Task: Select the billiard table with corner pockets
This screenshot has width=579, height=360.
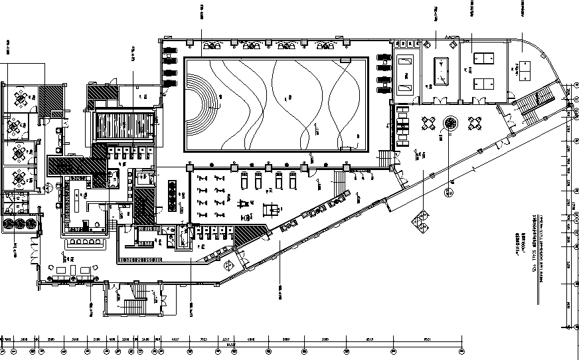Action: (x=441, y=70)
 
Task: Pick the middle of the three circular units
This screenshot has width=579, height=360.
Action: (x=17, y=224)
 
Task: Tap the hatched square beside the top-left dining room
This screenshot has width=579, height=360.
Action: (x=50, y=102)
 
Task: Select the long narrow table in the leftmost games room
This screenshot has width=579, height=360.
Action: (x=404, y=73)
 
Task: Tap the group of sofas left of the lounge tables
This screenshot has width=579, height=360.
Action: (x=403, y=127)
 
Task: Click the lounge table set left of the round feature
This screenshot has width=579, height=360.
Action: (x=428, y=124)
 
